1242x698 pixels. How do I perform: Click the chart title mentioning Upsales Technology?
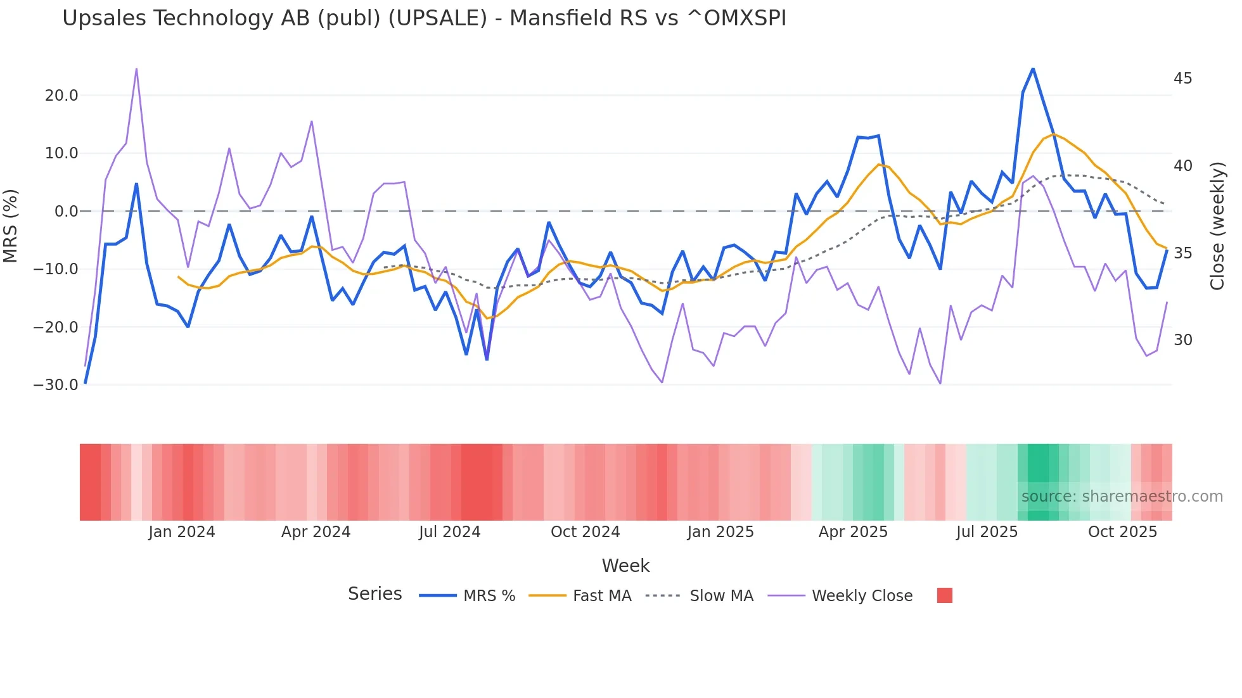tap(424, 18)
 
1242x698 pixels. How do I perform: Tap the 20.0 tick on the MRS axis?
tap(61, 96)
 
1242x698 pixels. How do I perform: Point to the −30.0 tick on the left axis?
tap(56, 385)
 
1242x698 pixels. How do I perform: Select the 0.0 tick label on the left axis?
tap(66, 212)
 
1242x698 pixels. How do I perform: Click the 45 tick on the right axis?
tap(1182, 79)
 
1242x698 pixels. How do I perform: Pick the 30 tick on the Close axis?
tap(1182, 340)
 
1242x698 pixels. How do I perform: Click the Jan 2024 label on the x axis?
tap(182, 532)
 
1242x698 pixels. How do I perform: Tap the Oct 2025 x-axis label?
tap(1122, 532)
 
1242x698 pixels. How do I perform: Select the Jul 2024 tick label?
tap(449, 532)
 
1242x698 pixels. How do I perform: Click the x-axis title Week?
tap(625, 566)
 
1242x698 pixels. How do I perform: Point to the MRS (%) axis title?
tap(11, 226)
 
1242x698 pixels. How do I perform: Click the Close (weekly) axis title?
tap(1217, 226)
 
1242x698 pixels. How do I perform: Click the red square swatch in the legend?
tap(944, 595)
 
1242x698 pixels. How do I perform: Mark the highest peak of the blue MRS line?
tap(1033, 68)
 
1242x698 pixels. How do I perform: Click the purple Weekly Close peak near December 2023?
tap(136, 68)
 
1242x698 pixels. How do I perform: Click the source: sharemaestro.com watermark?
tap(1122, 497)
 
